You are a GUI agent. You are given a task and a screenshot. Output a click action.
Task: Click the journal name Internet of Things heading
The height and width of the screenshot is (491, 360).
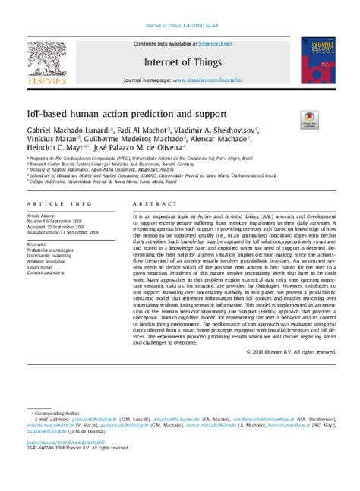tap(185, 62)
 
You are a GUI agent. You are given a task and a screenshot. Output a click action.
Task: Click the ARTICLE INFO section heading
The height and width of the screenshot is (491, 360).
tap(50, 205)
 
